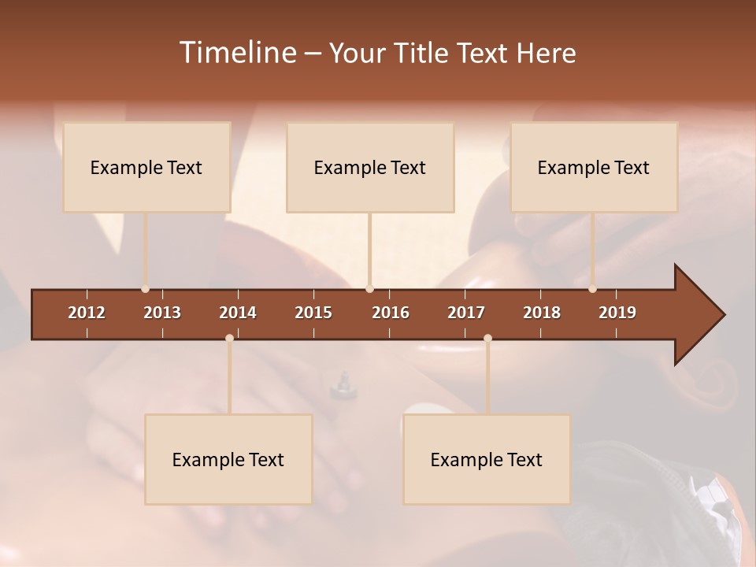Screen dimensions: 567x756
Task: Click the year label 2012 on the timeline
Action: pos(87,313)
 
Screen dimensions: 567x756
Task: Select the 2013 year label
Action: pos(162,313)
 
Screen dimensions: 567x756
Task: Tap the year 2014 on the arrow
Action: pos(238,313)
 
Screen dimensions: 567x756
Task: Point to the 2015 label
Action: pos(313,313)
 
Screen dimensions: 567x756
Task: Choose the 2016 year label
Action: pos(391,313)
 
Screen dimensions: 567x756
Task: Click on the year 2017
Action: pos(466,313)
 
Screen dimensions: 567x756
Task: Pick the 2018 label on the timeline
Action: pos(542,313)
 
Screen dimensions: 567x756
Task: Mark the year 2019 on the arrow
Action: pos(617,313)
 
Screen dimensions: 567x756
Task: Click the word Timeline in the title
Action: pos(237,53)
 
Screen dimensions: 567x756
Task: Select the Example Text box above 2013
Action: pos(146,167)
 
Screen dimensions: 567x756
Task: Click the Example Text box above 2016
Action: pos(370,167)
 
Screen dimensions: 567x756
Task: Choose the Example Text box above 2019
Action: pos(594,167)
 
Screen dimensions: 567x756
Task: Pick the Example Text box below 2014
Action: pos(228,459)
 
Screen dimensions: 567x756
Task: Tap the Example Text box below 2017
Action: pos(487,459)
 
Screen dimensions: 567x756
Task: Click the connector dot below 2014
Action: pos(229,338)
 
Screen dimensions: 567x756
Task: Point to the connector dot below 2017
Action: pos(487,338)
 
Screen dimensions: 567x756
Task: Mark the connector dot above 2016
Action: pos(370,289)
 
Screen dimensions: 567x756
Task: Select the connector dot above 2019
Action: pos(593,289)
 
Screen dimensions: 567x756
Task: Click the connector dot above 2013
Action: pos(145,289)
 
